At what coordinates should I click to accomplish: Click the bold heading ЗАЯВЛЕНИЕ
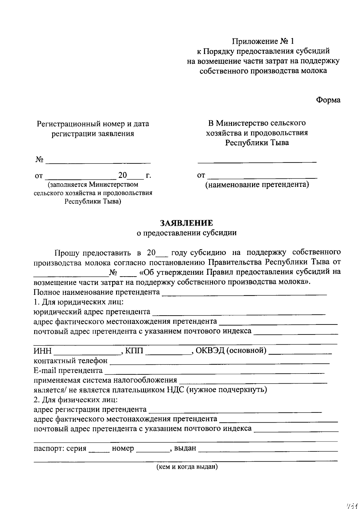point(187,223)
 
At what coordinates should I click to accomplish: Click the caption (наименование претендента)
point(257,184)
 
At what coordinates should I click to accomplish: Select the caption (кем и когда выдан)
point(187,467)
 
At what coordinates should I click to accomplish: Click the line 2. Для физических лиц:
point(76,400)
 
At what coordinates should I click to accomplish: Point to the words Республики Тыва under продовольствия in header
point(257,143)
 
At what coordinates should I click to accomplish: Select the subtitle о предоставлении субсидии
point(187,233)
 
